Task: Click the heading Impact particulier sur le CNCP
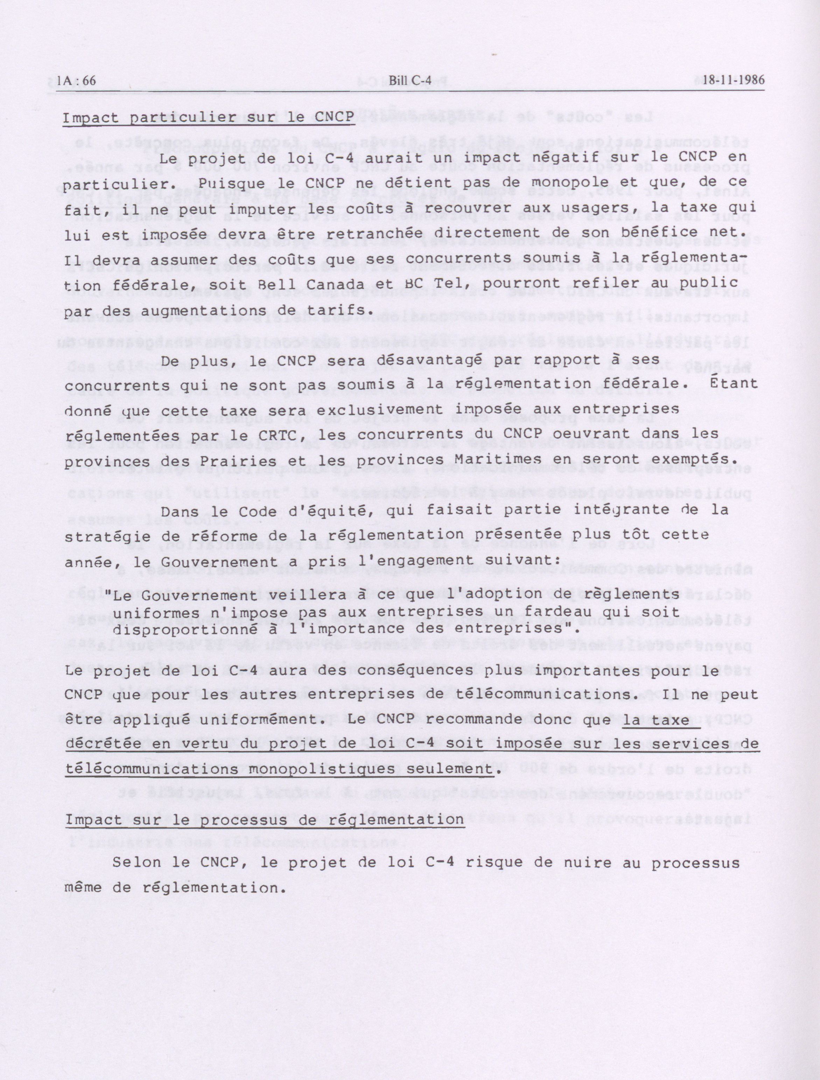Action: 209,119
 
